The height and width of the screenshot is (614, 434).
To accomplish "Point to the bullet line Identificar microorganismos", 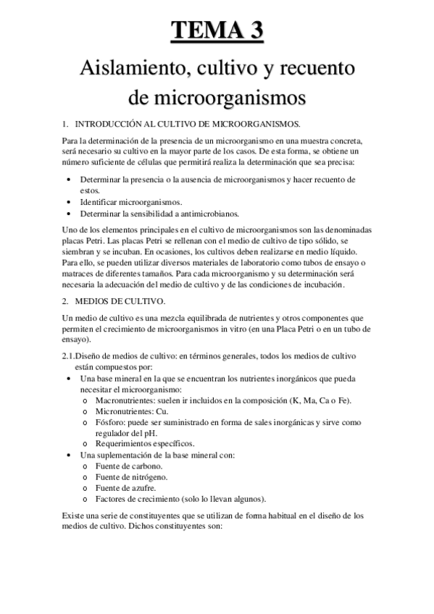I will pos(131,202).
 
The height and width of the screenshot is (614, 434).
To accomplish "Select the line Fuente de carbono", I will pos(127,467).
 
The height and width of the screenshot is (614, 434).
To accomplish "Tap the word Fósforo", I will pos(109,422).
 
